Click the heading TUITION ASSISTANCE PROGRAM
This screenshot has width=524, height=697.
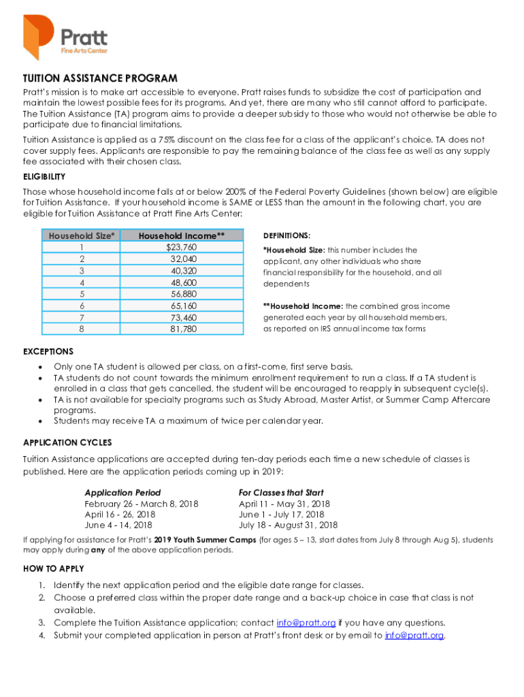tap(100, 78)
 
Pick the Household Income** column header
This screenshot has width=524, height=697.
tap(182, 236)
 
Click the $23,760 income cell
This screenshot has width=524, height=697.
tap(182, 247)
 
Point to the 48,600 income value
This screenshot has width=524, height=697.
tap(183, 282)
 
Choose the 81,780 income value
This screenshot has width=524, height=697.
tap(183, 329)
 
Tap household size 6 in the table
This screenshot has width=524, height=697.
tap(82, 306)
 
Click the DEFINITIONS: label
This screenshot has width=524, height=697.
tap(286, 235)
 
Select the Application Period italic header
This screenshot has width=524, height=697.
tap(122, 492)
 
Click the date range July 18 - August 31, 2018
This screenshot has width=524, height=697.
tap(288, 525)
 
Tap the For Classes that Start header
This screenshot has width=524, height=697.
tap(281, 492)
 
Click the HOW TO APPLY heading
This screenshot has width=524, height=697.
tap(53, 568)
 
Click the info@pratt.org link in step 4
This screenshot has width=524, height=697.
tap(414, 636)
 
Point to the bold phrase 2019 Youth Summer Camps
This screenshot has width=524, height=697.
tap(205, 540)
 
